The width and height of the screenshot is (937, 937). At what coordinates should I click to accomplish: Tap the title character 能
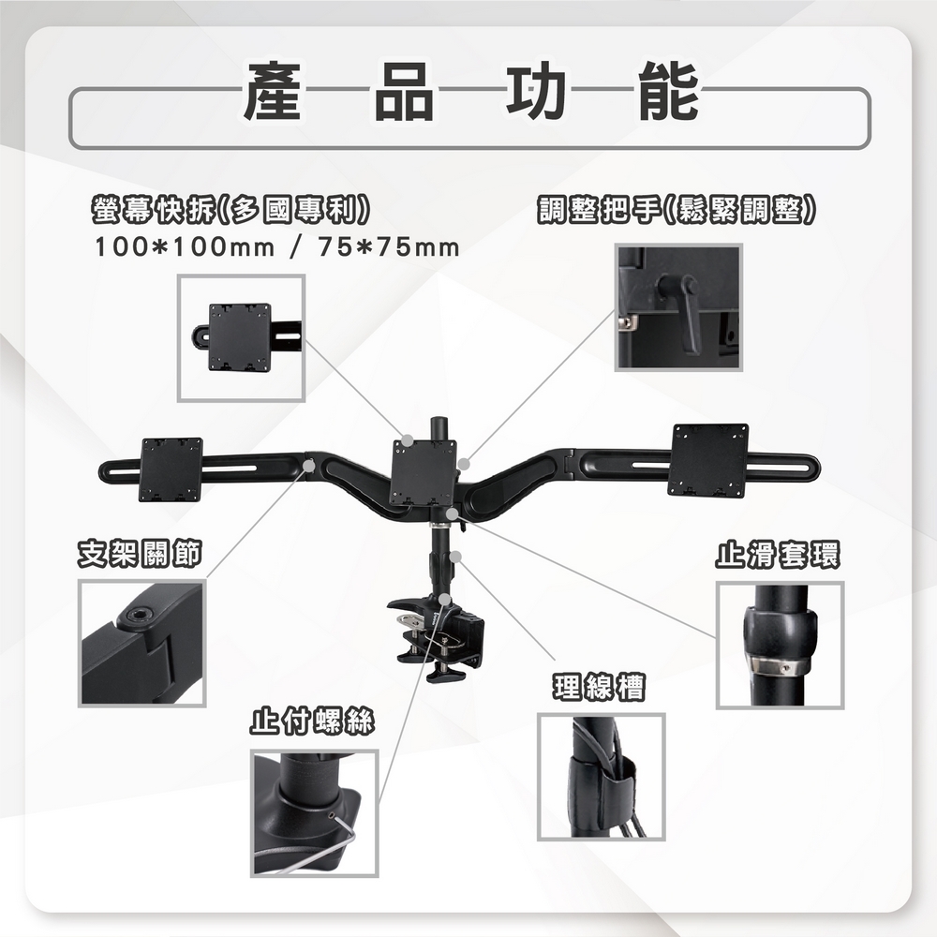(x=668, y=92)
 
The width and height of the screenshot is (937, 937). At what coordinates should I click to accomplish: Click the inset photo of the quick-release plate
(x=241, y=337)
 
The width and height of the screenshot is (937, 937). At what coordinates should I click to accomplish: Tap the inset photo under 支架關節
(x=141, y=642)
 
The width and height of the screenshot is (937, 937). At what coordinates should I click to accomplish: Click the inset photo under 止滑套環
(x=780, y=645)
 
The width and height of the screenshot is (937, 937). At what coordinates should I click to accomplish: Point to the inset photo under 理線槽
(x=601, y=776)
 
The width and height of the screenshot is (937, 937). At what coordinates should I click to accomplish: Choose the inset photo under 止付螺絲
(x=314, y=812)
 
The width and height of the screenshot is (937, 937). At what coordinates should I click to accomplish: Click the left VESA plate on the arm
(x=171, y=469)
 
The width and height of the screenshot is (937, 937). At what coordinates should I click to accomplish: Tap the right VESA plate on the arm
(x=707, y=459)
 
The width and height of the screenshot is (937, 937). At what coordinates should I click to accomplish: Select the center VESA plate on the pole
(x=423, y=472)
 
